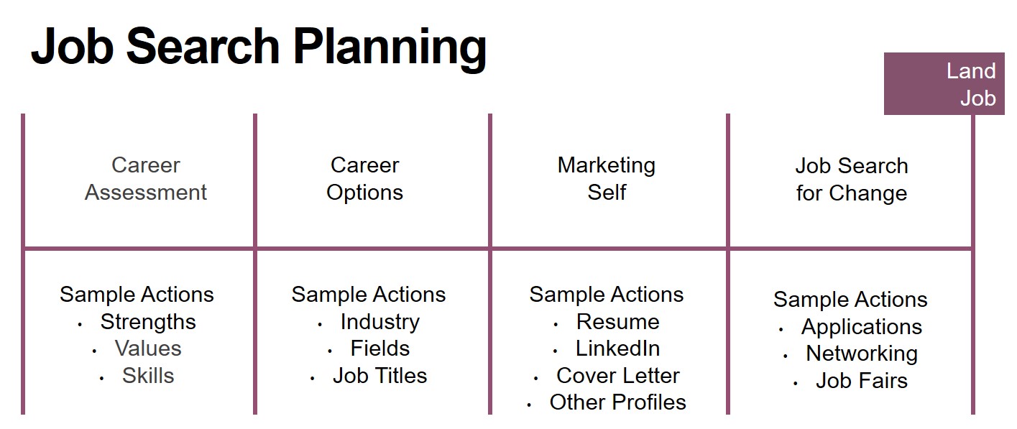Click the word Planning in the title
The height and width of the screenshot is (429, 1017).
click(390, 48)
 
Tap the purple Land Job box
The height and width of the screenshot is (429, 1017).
click(944, 83)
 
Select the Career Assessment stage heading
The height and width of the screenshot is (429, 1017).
click(146, 179)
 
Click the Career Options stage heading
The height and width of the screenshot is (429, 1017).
click(364, 179)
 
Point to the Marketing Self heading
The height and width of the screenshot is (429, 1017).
click(607, 179)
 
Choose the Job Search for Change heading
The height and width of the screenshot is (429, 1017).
click(852, 180)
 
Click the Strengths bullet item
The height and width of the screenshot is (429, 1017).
click(148, 322)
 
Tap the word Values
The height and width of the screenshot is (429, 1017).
click(148, 349)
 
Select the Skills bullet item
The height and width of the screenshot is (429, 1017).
click(148, 376)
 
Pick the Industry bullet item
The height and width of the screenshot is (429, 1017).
click(380, 322)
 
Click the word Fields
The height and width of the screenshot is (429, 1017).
click(380, 349)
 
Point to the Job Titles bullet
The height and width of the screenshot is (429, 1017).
click(380, 376)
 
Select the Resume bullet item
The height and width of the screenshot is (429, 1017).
click(618, 322)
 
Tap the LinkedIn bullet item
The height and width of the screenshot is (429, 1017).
click(618, 349)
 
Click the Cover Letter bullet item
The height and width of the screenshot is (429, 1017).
click(618, 376)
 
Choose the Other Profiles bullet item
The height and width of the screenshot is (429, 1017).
click(618, 402)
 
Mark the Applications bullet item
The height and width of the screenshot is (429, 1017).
click(862, 327)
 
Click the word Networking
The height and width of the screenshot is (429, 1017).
click(862, 354)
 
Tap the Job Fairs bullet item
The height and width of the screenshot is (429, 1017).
click(862, 380)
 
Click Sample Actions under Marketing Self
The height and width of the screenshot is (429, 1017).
click(607, 295)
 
